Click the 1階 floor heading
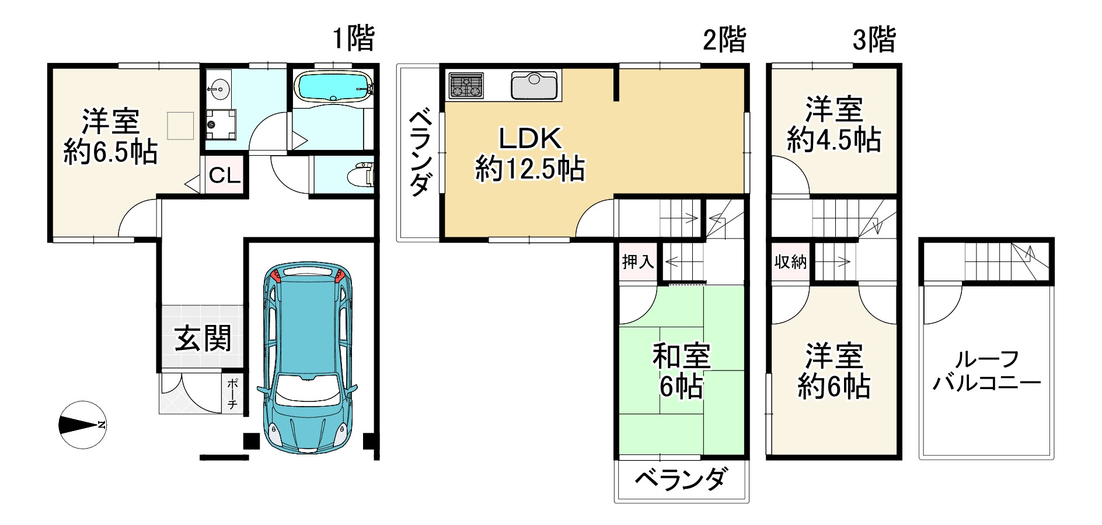(x=353, y=39)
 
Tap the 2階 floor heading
(x=724, y=40)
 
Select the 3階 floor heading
(x=874, y=40)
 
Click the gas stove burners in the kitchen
(x=466, y=86)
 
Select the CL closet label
(x=225, y=175)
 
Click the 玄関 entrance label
(x=203, y=338)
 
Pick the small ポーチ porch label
(x=232, y=394)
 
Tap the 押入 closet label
(x=637, y=262)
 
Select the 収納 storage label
(x=790, y=262)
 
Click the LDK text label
(x=529, y=139)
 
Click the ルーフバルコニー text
(x=986, y=370)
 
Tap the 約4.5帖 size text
(x=834, y=140)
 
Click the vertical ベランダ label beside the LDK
(x=419, y=153)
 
